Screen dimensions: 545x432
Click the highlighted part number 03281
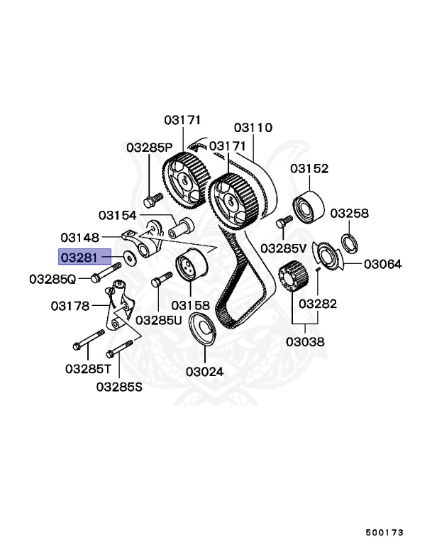coord(84,256)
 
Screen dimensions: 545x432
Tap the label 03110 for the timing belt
coord(253,128)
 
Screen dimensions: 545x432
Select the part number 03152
coord(309,169)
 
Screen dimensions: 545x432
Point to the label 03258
coord(349,213)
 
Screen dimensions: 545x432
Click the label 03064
coord(383,264)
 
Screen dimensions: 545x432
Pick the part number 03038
coord(306,341)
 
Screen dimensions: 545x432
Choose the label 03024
coord(205,371)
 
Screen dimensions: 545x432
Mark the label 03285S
coord(119,387)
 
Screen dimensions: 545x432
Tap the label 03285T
coord(88,369)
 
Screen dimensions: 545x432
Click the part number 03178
coord(70,307)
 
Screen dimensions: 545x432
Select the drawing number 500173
coord(384,532)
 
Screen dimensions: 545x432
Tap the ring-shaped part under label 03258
coord(349,240)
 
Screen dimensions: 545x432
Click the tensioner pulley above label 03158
coord(189,269)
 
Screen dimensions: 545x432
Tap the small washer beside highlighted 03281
coord(131,257)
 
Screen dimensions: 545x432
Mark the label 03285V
coord(283,248)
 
